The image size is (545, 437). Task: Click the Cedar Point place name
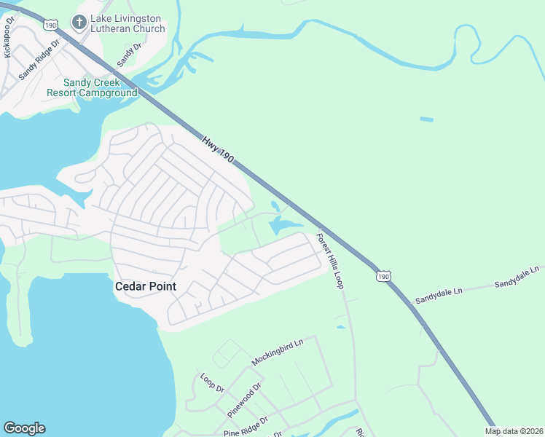[x=146, y=286]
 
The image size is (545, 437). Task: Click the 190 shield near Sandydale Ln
[x=384, y=276]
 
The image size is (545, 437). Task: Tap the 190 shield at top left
[x=50, y=24]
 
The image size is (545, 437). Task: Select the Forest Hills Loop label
[x=329, y=260]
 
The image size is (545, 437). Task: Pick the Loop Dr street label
[x=211, y=382]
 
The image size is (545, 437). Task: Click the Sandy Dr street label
[x=127, y=52]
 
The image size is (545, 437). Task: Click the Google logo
[x=24, y=428]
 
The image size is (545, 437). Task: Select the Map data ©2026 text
[x=514, y=431]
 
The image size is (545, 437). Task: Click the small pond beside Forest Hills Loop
[x=341, y=327]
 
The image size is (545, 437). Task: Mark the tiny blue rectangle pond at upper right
[x=426, y=119]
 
